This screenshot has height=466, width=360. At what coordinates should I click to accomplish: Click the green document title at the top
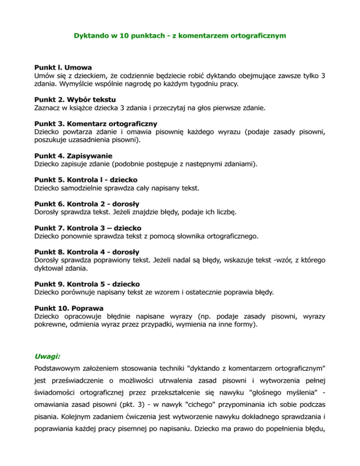click(180, 35)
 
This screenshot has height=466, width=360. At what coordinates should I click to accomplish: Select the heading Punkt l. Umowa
click(63, 67)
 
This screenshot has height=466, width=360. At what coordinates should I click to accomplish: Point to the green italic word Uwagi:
click(47, 356)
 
